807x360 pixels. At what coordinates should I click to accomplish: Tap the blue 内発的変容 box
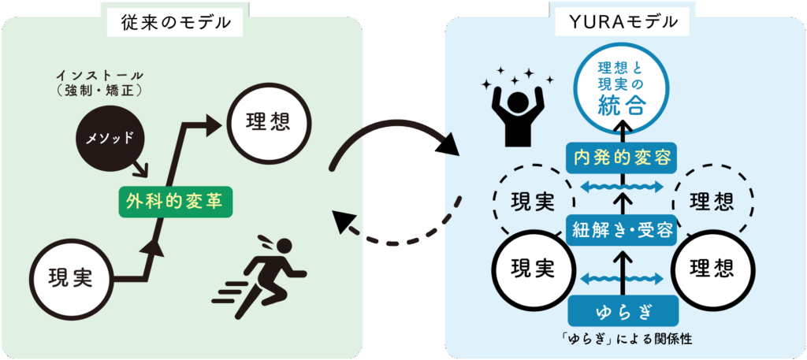tap(623, 158)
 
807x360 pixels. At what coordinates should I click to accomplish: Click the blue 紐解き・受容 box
tap(623, 230)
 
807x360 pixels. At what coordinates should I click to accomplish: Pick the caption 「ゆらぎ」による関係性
tap(623, 340)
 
